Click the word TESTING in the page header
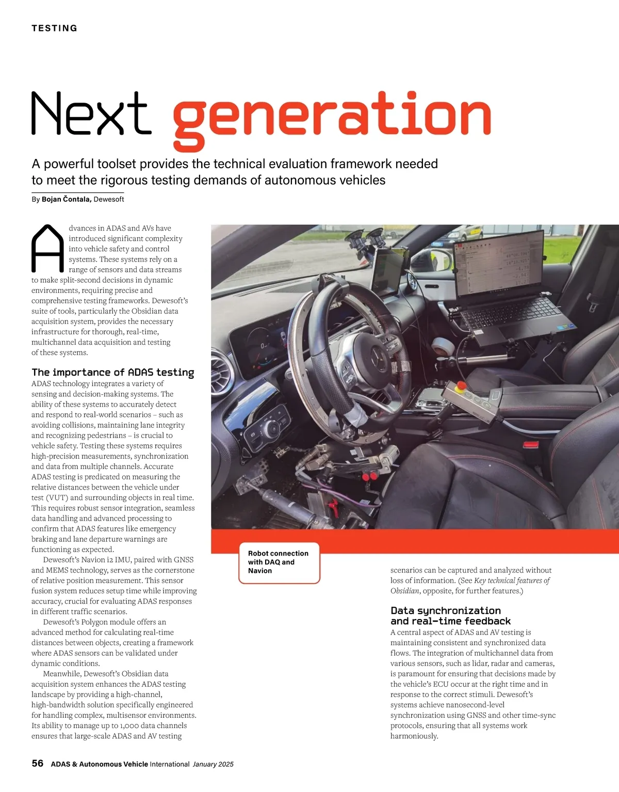click(54, 28)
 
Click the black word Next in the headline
click(91, 114)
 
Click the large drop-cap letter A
click(47, 249)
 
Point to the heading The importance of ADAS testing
click(113, 373)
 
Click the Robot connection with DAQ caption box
click(279, 562)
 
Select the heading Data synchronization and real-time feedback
click(450, 616)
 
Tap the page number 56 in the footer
click(38, 764)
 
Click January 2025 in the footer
click(213, 764)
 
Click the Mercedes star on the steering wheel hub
click(377, 353)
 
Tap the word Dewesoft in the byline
click(109, 199)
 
